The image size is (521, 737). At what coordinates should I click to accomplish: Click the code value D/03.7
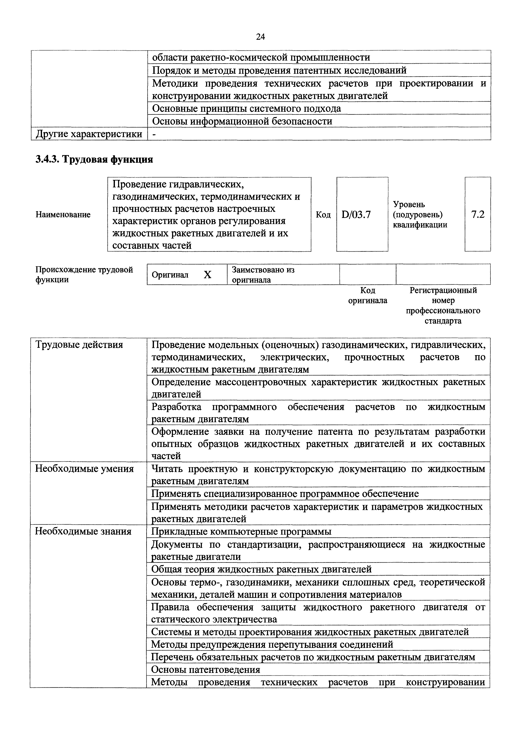click(x=356, y=214)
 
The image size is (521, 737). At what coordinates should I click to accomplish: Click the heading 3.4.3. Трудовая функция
click(x=94, y=159)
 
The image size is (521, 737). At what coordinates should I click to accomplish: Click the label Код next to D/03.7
click(x=323, y=214)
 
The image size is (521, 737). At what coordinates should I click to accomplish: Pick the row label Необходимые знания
click(x=83, y=531)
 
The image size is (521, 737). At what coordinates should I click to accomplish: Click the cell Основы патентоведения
click(x=205, y=669)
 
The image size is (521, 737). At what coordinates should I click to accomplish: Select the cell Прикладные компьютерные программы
click(x=241, y=531)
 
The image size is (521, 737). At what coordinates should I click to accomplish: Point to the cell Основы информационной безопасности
click(x=242, y=121)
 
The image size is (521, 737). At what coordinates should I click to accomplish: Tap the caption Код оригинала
click(x=368, y=295)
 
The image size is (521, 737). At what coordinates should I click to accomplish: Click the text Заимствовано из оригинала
click(x=263, y=274)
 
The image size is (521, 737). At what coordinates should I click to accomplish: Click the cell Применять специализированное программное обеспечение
click(x=285, y=493)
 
